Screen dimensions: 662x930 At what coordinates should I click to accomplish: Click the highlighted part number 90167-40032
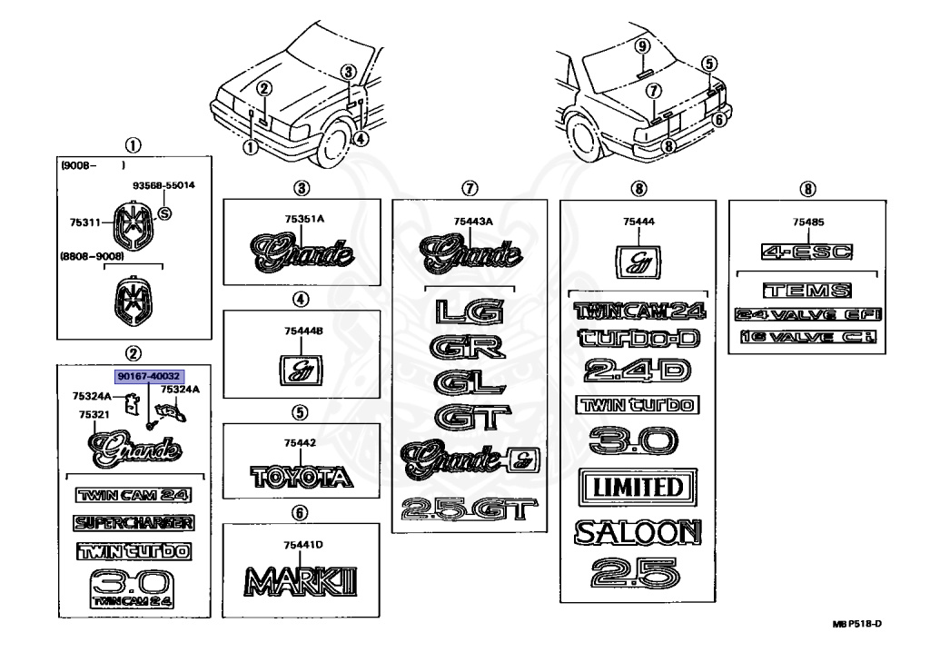(x=148, y=375)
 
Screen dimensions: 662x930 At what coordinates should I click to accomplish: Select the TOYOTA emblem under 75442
(x=301, y=477)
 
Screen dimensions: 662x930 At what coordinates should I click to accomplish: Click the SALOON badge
(x=638, y=533)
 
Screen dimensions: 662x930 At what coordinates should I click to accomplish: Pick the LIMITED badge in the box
(x=638, y=487)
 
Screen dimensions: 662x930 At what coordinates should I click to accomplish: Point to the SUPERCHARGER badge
(x=134, y=522)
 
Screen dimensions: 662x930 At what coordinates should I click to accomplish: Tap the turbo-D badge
(x=638, y=338)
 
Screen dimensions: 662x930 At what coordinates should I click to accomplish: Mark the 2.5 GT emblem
(x=469, y=510)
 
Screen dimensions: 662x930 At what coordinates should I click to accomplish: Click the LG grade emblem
(x=469, y=311)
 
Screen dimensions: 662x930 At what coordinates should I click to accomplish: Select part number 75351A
(x=301, y=218)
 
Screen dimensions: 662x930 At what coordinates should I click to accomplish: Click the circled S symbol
(x=164, y=214)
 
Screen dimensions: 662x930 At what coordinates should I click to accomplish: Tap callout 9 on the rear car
(x=642, y=46)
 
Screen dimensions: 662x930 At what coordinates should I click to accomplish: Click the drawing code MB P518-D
(x=856, y=624)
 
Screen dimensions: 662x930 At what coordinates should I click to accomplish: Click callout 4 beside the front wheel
(x=361, y=139)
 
